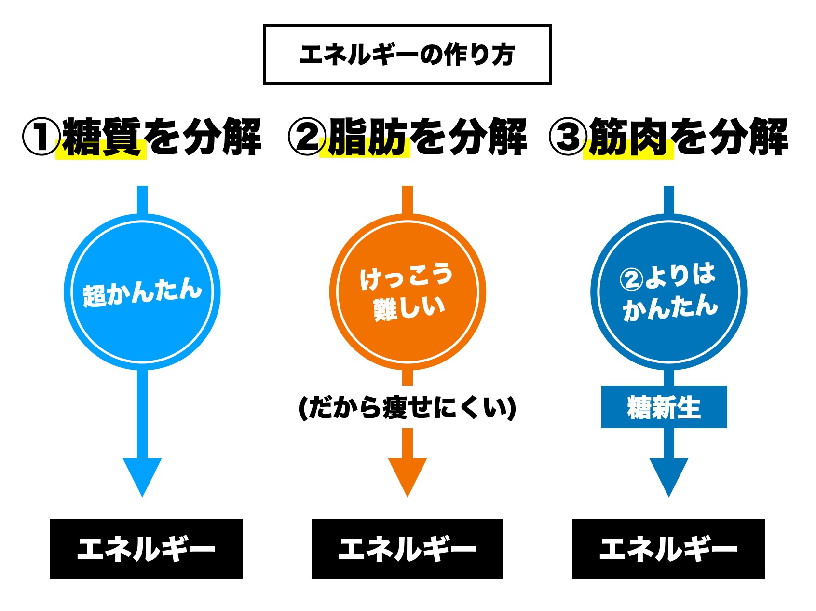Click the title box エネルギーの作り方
tap(407, 55)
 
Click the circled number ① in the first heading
tap(41, 137)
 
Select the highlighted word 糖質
tap(102, 138)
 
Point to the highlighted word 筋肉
tap(628, 138)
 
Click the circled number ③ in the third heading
tap(568, 137)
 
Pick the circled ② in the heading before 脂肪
tap(307, 137)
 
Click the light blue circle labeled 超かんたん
tap(142, 292)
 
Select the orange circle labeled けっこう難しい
tap(408, 292)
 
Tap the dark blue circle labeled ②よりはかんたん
tap(668, 292)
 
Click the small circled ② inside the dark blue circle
tap(631, 279)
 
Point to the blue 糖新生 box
tap(664, 407)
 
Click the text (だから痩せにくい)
tap(408, 408)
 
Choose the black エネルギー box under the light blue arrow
tap(146, 549)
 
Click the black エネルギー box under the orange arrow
tap(408, 549)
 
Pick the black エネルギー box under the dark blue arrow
tap(668, 549)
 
